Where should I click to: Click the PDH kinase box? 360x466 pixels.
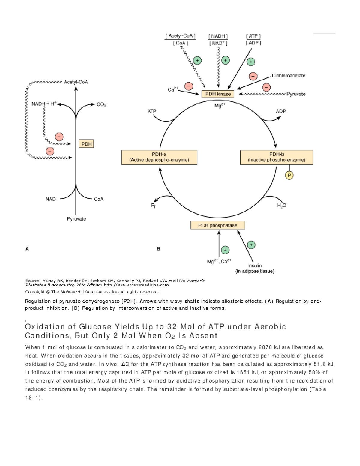(218, 94)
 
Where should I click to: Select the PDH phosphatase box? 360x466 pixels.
(218, 225)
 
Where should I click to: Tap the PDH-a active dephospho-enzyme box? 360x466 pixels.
(159, 157)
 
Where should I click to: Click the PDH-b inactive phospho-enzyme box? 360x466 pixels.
(277, 157)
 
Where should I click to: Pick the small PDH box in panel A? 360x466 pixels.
(86, 144)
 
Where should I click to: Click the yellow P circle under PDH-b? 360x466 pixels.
(289, 176)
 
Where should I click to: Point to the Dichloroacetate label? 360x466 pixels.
(288, 76)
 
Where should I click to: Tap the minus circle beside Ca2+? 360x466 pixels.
(189, 86)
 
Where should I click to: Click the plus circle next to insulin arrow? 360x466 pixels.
(251, 245)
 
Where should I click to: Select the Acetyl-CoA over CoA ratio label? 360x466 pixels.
(180, 39)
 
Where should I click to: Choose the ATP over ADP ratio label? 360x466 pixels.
(253, 39)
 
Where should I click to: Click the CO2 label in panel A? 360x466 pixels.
(101, 105)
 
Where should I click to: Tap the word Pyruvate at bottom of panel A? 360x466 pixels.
(76, 219)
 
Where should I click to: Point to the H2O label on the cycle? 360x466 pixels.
(282, 205)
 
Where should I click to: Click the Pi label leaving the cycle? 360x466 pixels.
(153, 206)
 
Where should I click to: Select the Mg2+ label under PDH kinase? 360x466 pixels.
(220, 106)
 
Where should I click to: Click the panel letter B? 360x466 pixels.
(158, 249)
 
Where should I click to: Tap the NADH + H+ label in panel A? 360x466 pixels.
(44, 104)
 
